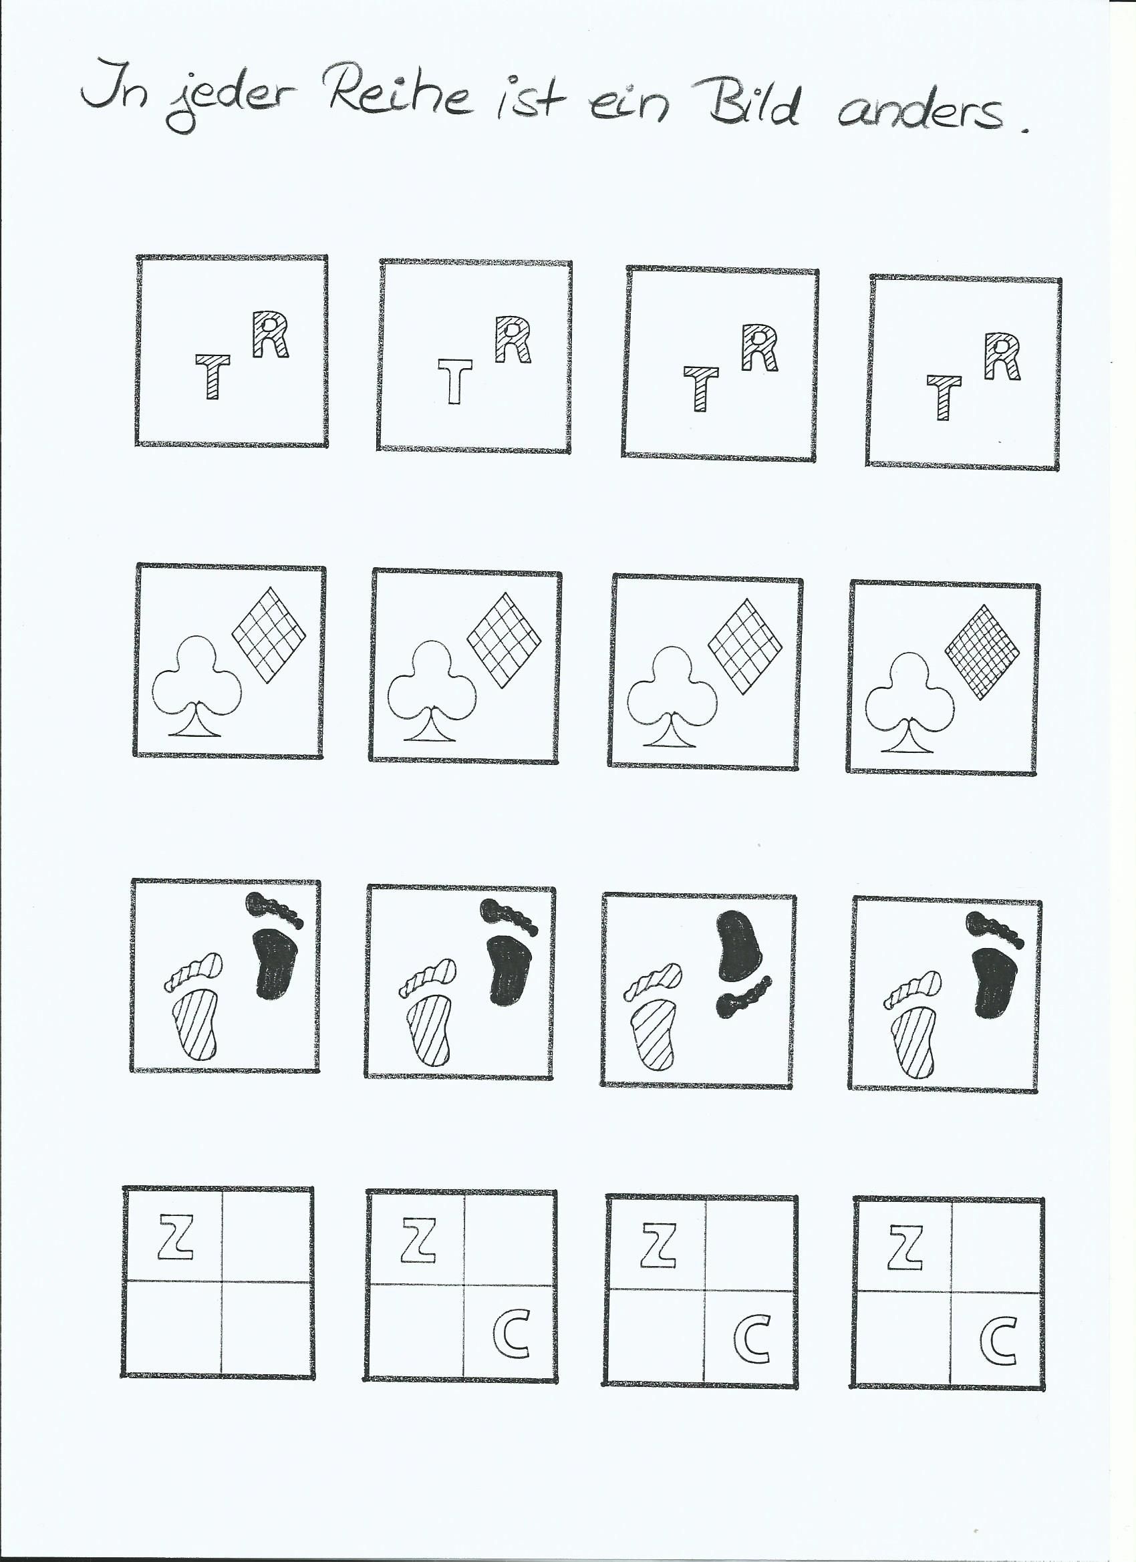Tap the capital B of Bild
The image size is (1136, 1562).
(x=730, y=104)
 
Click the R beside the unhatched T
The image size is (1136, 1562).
(x=513, y=339)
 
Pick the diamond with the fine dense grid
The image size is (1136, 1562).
(x=982, y=652)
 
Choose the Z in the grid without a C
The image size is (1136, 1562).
(x=176, y=1237)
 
